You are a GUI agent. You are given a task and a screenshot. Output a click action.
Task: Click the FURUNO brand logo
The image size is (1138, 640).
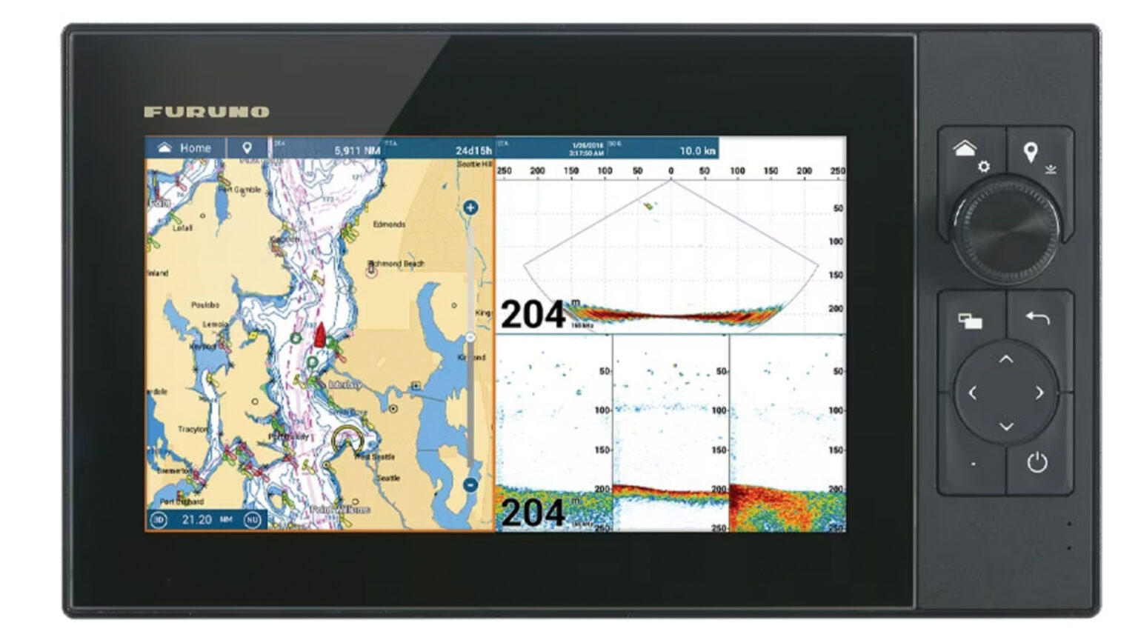point(206,112)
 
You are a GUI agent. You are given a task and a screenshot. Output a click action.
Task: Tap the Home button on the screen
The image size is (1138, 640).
point(184,147)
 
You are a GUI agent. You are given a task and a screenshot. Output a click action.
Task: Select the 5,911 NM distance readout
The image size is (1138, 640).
point(357,150)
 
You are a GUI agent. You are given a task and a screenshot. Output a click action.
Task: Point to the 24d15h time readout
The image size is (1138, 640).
point(473,150)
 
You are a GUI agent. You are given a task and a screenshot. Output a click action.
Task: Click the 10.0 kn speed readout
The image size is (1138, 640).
point(697,150)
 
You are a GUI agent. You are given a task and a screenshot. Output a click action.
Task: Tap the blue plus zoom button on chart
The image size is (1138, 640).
point(470,207)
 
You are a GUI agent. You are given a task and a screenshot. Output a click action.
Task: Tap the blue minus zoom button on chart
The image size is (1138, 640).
point(470,485)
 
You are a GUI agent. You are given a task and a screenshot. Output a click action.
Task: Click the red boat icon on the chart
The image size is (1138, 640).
point(320,335)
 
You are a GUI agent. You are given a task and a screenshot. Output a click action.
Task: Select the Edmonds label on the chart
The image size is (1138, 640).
point(389,224)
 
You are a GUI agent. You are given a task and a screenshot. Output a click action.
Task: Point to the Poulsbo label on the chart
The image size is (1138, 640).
point(205,304)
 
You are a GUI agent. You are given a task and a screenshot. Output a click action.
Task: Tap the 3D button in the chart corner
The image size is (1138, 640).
point(159,520)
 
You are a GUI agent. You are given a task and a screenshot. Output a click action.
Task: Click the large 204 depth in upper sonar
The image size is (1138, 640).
point(533,315)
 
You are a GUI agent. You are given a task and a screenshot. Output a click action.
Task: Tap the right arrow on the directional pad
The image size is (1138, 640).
point(1039,393)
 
